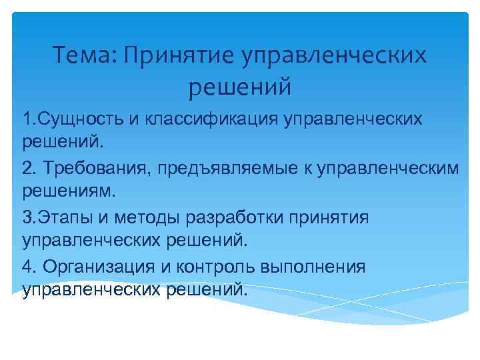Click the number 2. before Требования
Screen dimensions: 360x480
coord(29,168)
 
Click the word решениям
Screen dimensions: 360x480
coord(69,192)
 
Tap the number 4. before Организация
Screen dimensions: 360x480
coord(29,267)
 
